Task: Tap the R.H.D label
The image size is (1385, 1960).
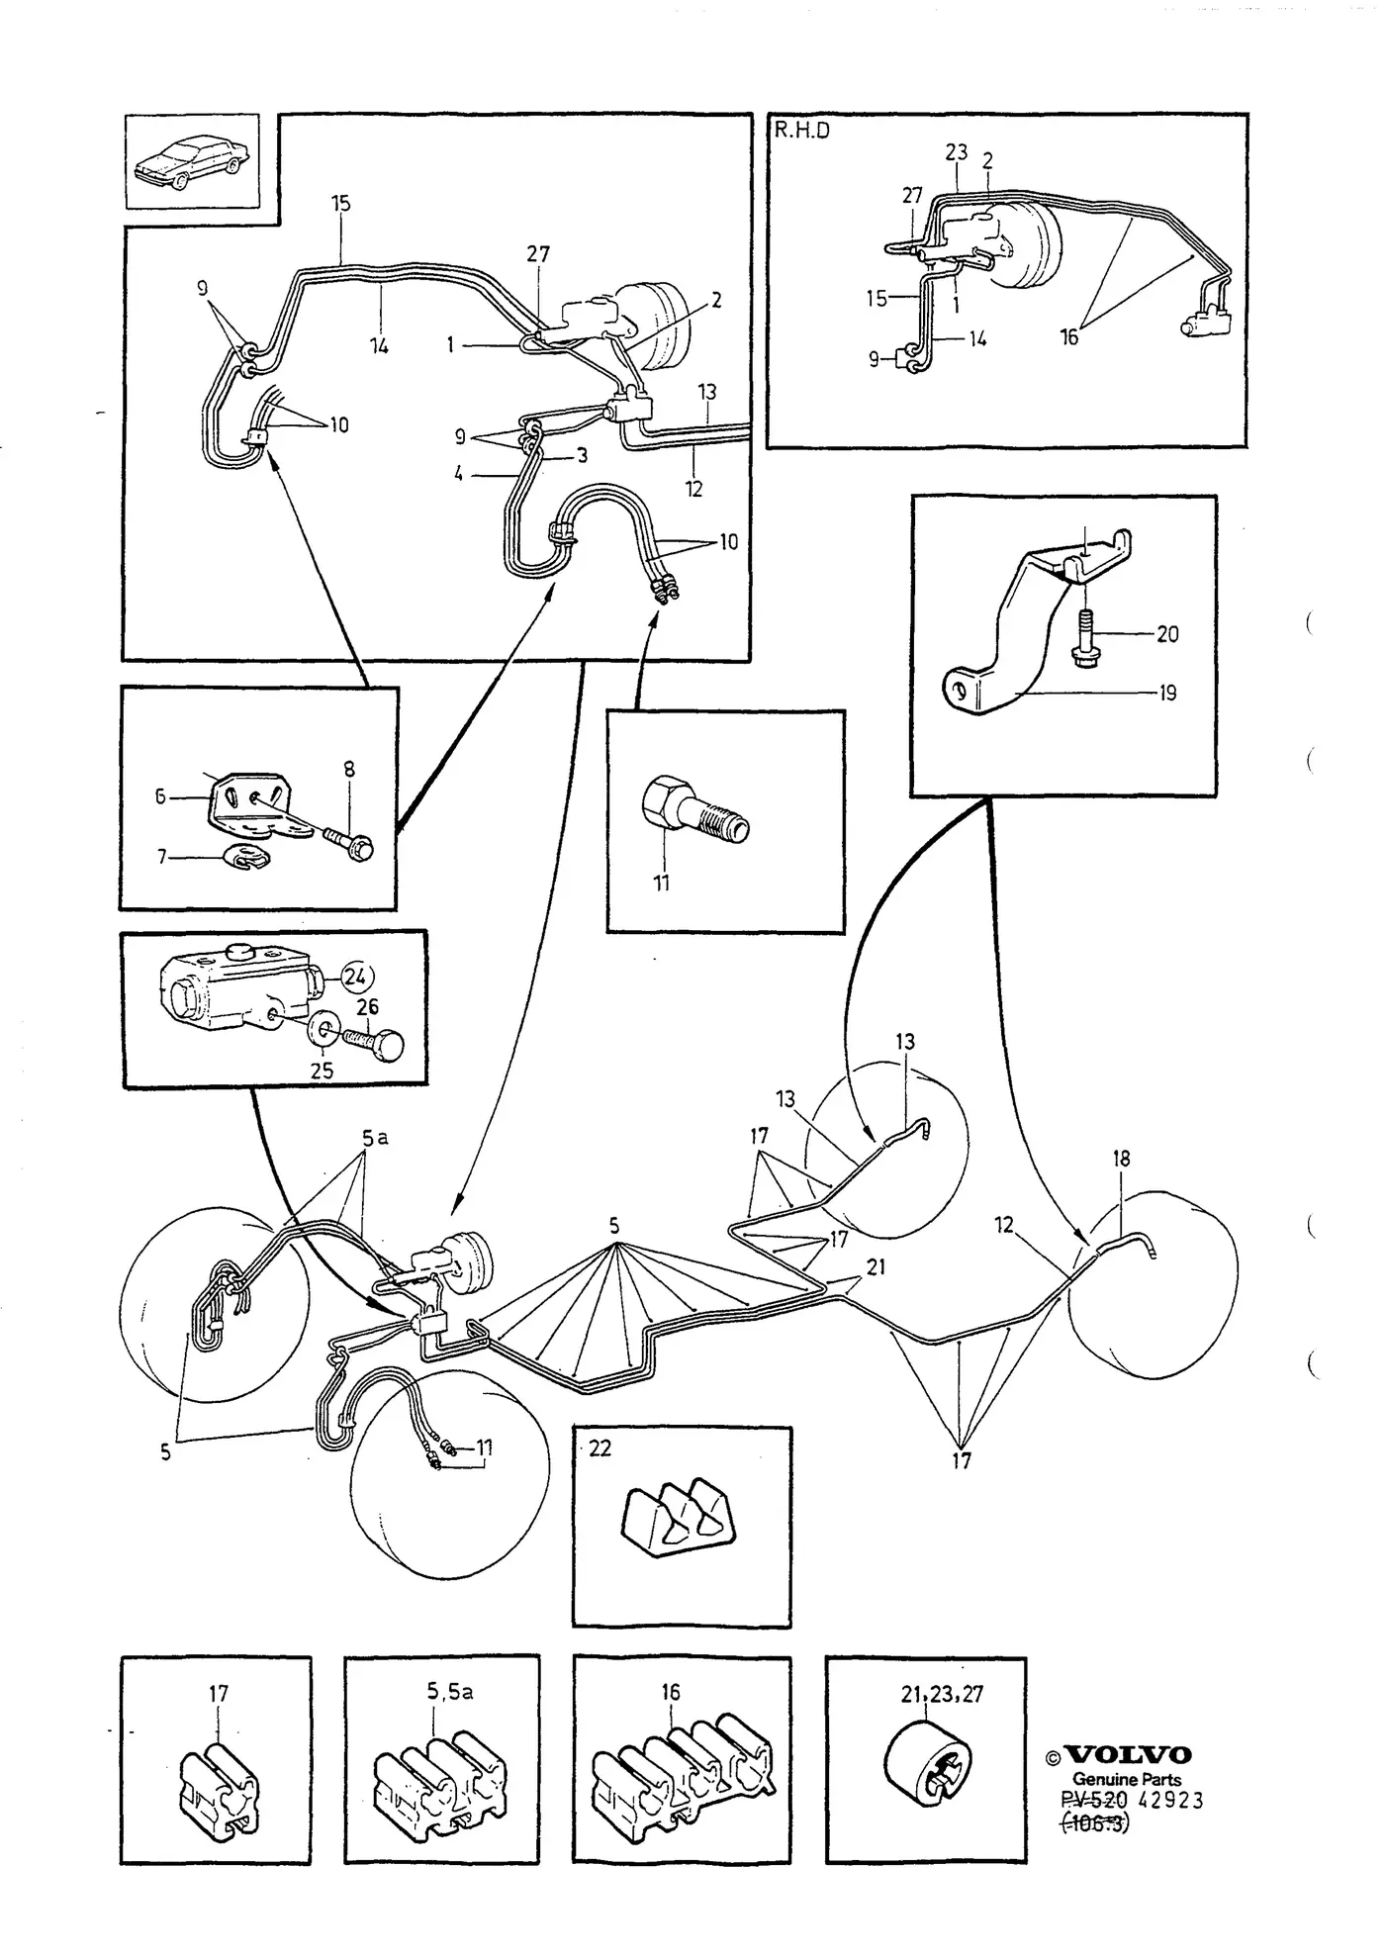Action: pyautogui.click(x=801, y=130)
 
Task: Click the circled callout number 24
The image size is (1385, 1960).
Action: pyautogui.click(x=355, y=977)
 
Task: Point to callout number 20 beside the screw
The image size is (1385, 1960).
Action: pyautogui.click(x=1167, y=633)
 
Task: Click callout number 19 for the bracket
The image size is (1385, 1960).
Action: pyautogui.click(x=1167, y=693)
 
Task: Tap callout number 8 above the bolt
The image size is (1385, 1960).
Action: pyautogui.click(x=349, y=769)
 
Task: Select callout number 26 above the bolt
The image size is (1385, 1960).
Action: pyautogui.click(x=367, y=1007)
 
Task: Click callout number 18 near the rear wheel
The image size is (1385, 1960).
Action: pyautogui.click(x=1121, y=1158)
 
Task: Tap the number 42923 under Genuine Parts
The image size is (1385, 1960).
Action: pyautogui.click(x=1171, y=1800)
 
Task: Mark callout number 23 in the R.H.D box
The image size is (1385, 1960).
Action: pyautogui.click(x=956, y=151)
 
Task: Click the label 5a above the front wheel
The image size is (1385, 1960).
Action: pyautogui.click(x=375, y=1138)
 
